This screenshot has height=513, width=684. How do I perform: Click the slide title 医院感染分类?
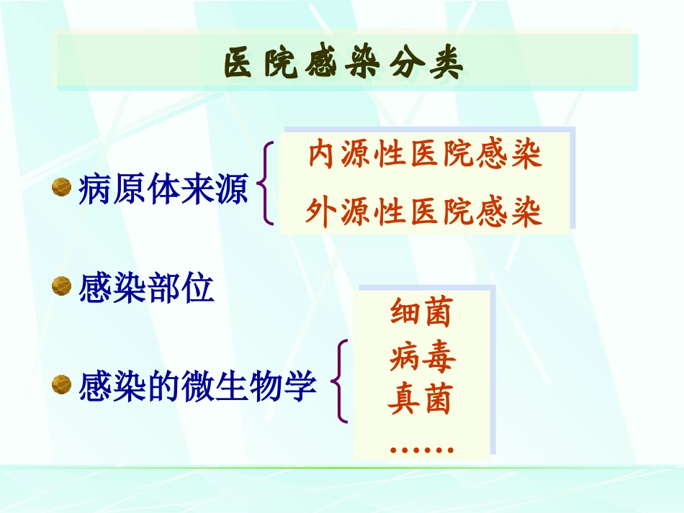point(343,63)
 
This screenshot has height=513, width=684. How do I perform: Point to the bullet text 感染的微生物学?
point(197,386)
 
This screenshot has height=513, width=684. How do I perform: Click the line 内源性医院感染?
point(425,155)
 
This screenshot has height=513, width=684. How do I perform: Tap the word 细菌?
point(420,313)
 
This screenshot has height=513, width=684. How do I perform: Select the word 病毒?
point(422,356)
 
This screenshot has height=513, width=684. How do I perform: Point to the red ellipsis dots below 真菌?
point(421,450)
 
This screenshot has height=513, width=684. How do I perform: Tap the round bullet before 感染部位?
point(62,288)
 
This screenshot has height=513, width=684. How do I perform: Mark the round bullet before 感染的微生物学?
point(62,385)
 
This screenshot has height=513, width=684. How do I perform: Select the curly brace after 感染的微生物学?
point(341,381)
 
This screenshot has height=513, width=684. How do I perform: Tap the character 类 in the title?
point(448,63)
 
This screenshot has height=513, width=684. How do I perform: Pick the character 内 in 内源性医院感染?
point(321,155)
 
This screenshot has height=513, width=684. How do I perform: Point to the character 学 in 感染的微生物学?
point(302,386)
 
